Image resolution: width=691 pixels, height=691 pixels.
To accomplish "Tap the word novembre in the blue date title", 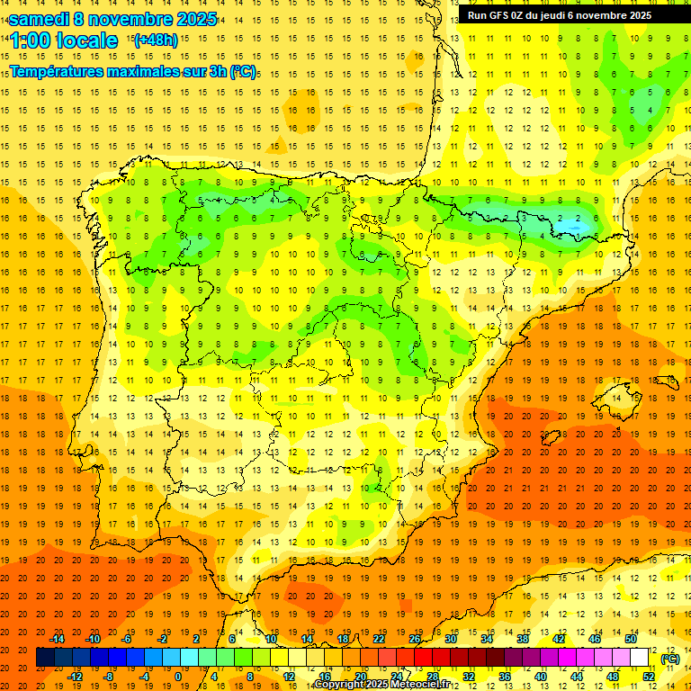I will (x=130, y=19).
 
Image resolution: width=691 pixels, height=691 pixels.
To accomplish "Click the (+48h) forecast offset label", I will (x=156, y=40).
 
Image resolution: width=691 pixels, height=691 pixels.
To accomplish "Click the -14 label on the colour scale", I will (x=58, y=639).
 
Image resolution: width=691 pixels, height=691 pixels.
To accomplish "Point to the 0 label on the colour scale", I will (x=178, y=676).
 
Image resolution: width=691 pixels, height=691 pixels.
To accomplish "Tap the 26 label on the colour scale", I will (x=415, y=639).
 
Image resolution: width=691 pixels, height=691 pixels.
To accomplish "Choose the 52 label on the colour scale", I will (x=649, y=676).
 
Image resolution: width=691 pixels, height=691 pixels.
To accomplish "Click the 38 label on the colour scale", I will (x=522, y=639).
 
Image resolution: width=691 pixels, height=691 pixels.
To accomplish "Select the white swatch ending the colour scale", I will (x=640, y=658).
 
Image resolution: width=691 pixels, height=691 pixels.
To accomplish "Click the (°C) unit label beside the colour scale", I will (x=670, y=659).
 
